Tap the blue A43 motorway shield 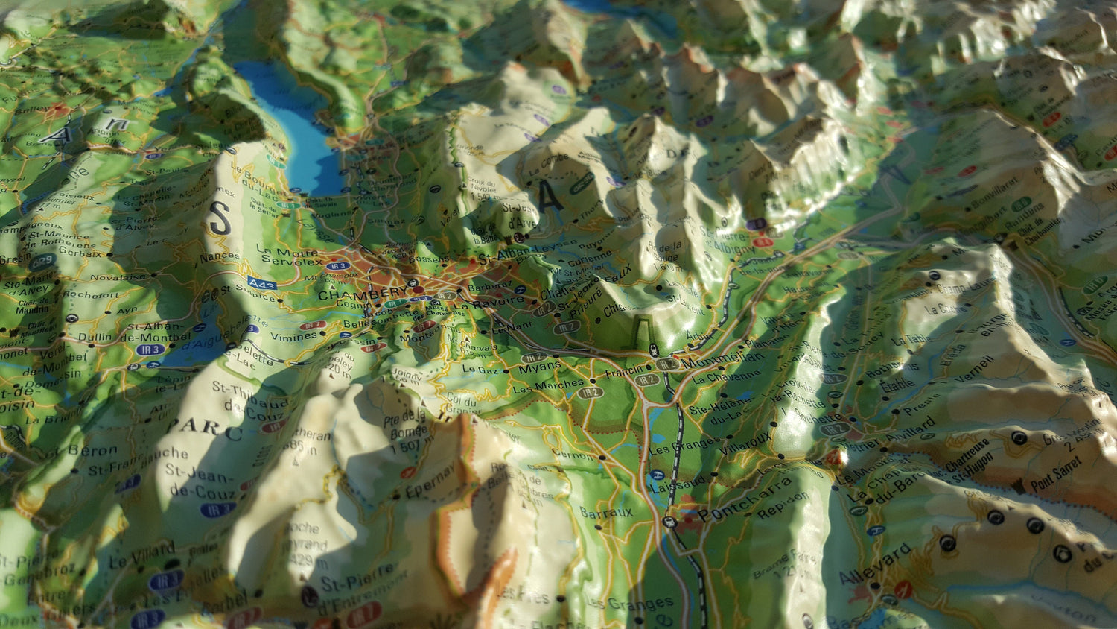pos(262,284)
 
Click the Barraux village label pos(606,513)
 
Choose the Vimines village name pos(293,336)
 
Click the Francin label pos(624,370)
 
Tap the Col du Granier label pos(462,403)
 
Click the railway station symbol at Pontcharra pos(669,522)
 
